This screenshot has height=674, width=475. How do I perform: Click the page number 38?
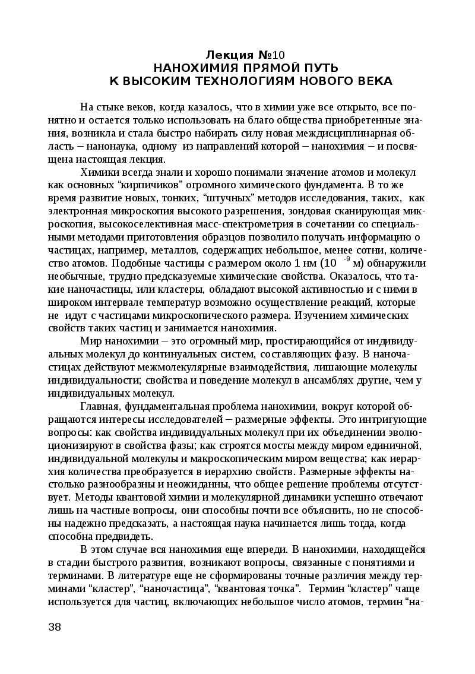click(54, 627)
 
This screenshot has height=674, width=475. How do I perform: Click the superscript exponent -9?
click(346, 259)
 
